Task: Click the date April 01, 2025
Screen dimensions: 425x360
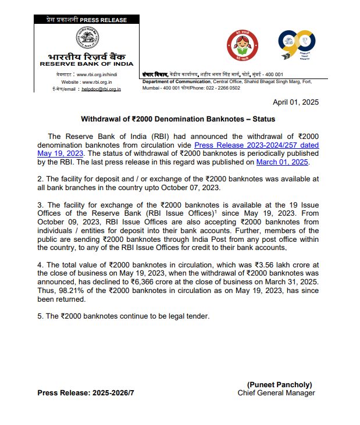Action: [296, 102]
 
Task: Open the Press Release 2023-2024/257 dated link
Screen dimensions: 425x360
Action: [256, 145]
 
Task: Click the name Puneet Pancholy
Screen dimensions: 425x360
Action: [280, 385]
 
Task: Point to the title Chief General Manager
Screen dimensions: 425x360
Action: [276, 393]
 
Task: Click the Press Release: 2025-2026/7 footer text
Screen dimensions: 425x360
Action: [86, 393]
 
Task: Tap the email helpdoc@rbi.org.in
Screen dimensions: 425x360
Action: [101, 89]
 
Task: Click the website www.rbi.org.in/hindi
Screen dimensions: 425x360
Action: [99, 75]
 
